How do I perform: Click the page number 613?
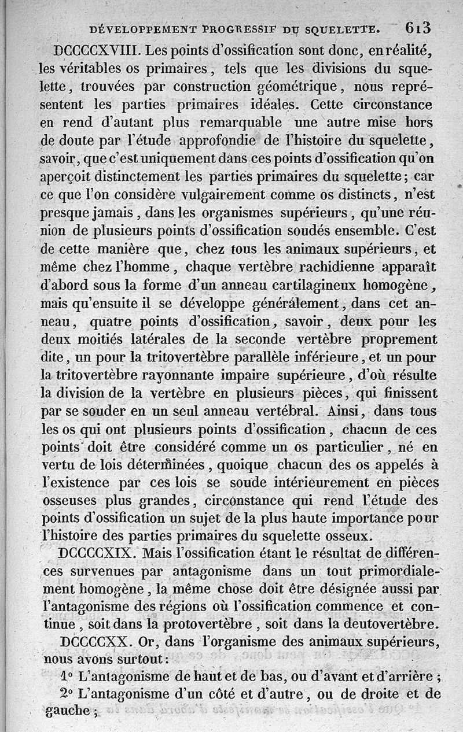click(x=418, y=27)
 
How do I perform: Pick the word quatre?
click(x=119, y=321)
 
